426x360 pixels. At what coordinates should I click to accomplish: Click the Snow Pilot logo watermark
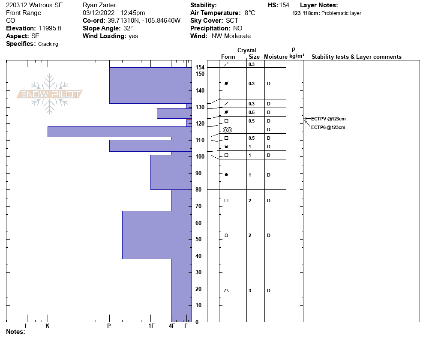tap(50, 94)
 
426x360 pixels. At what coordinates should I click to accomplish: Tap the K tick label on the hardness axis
tap(48, 326)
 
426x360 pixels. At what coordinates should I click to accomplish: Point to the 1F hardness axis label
tap(151, 326)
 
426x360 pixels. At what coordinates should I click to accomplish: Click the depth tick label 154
tap(200, 68)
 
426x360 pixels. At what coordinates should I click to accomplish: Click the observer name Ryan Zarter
tap(99, 5)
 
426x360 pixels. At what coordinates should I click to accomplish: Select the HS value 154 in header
tap(284, 5)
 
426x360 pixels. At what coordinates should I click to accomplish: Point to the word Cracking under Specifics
tap(48, 44)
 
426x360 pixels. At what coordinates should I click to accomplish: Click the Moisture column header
tap(276, 57)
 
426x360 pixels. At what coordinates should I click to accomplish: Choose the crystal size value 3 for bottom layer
tap(250, 291)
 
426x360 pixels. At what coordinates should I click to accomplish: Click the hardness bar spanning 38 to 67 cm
tap(157, 235)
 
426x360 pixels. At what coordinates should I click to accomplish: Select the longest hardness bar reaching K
tap(120, 132)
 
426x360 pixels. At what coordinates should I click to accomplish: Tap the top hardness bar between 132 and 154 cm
tap(150, 85)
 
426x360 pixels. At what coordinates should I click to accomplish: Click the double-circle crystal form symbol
tap(227, 129)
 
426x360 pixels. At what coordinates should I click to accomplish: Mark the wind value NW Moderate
tap(231, 36)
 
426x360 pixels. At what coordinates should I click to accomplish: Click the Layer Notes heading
tap(319, 5)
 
